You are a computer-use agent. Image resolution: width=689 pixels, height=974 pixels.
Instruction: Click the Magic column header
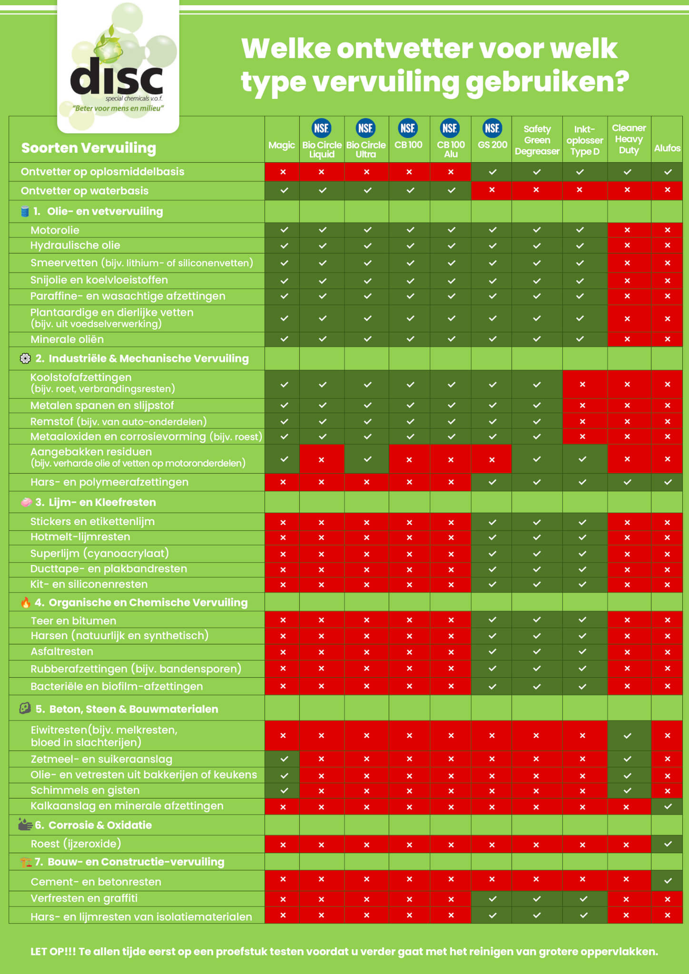tap(282, 146)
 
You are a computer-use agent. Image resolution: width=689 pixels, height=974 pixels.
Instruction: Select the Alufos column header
tap(667, 148)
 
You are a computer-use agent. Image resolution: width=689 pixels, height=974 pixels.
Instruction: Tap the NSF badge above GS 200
tap(492, 128)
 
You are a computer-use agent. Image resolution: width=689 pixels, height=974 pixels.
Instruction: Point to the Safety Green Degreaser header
tap(537, 140)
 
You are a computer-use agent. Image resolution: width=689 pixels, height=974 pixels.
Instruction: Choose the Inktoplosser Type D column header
tap(584, 140)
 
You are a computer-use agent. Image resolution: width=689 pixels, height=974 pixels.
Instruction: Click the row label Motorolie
tap(55, 231)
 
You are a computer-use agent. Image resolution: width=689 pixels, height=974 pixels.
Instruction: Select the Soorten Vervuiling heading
tap(89, 148)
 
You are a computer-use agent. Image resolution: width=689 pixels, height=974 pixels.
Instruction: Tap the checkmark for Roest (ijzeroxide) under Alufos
tap(668, 844)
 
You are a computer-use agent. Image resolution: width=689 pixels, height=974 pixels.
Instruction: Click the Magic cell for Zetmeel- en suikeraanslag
tap(284, 759)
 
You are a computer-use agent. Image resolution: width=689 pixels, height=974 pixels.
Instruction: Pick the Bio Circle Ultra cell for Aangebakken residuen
tap(367, 459)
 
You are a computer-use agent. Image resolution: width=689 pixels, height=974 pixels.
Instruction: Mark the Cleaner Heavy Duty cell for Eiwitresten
tap(627, 736)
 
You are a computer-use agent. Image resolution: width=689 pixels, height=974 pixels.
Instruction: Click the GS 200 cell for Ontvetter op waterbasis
tap(492, 190)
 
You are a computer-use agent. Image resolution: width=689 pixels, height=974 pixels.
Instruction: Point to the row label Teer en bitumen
tap(73, 621)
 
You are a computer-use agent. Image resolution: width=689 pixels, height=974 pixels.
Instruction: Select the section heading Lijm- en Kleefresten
tap(102, 502)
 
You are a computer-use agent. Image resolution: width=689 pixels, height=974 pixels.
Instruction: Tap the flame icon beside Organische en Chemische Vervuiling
tap(26, 603)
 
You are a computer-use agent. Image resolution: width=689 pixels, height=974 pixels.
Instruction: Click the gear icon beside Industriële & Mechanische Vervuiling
tap(25, 359)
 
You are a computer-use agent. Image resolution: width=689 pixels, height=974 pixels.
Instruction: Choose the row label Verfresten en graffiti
tap(84, 898)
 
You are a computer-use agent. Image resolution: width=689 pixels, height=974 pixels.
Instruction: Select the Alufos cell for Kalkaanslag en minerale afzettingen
tap(668, 806)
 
